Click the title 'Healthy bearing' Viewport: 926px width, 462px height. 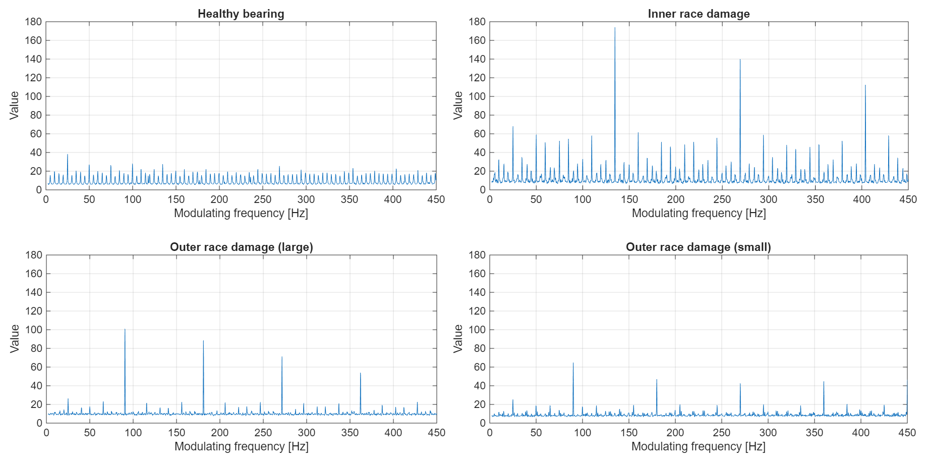241,14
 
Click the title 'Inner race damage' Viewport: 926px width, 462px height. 699,14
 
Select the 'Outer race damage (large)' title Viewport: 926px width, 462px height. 241,247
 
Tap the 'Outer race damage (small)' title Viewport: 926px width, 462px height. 698,247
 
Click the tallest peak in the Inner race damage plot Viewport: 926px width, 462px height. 615,28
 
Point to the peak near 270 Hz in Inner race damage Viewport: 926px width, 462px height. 740,60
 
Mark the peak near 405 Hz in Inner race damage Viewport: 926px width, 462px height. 865,86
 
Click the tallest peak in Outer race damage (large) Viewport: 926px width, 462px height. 125,330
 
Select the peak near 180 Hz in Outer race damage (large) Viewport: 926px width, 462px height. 203,341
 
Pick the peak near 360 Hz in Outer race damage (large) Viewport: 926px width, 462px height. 360,374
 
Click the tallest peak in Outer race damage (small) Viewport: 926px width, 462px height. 573,364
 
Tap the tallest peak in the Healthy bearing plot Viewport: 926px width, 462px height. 68,155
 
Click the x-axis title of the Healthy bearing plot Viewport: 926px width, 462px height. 241,213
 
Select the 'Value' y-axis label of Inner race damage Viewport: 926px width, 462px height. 458,105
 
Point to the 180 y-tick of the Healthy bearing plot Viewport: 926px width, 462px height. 33,22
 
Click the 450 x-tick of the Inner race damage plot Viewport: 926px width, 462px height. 907,199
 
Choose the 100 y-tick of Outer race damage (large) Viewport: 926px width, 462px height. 33,330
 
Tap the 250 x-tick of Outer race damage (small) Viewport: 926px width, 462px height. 722,433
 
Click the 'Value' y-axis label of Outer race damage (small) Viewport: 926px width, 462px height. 458,338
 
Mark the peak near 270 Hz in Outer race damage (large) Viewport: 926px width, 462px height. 282,357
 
